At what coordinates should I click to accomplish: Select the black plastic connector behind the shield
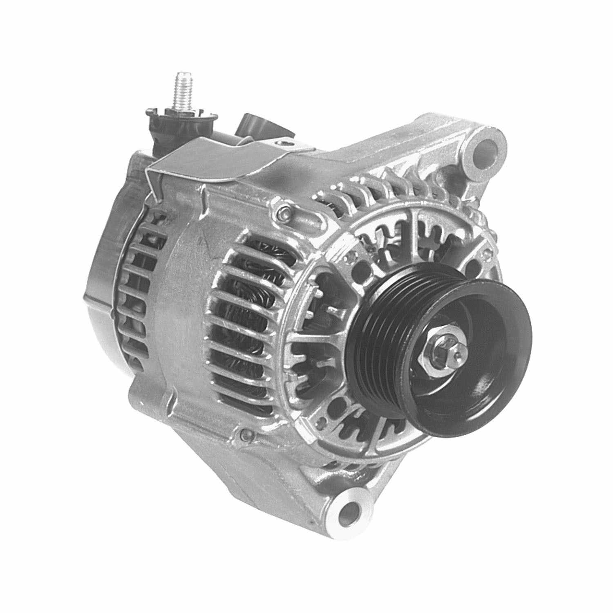click(x=255, y=125)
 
